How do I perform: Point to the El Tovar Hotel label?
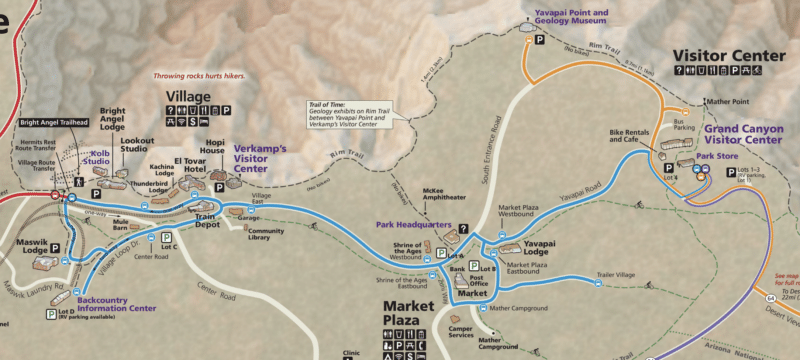point(189,166)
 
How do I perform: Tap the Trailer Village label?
point(616,274)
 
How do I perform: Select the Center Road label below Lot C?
point(151,256)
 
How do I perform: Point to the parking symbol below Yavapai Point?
point(539,41)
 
